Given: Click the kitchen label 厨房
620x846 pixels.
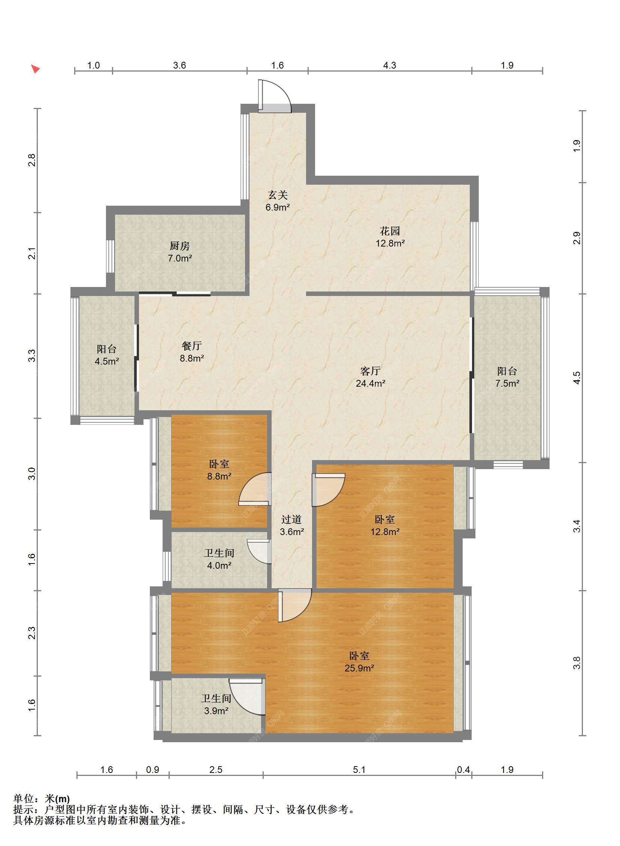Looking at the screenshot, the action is click(179, 246).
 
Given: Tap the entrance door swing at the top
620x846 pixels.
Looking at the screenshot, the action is click(274, 96).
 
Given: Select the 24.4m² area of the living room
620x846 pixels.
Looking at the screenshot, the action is click(371, 383).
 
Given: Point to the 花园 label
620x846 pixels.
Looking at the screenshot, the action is click(390, 231).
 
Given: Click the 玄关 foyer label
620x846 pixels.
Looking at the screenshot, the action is click(278, 195).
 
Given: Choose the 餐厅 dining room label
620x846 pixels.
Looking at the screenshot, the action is click(192, 346).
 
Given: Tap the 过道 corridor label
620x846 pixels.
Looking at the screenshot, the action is click(291, 519).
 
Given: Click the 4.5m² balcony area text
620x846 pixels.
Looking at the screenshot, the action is click(107, 362).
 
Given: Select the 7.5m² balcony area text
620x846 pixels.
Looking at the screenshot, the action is click(507, 383).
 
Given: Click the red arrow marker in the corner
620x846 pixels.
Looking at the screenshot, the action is click(35, 69).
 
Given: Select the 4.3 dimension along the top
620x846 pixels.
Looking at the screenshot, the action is click(390, 65).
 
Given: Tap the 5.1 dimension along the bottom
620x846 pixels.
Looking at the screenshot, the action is click(359, 770).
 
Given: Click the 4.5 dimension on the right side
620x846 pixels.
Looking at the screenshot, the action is click(577, 378).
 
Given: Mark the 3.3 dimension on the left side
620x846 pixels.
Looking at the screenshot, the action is click(32, 356).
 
